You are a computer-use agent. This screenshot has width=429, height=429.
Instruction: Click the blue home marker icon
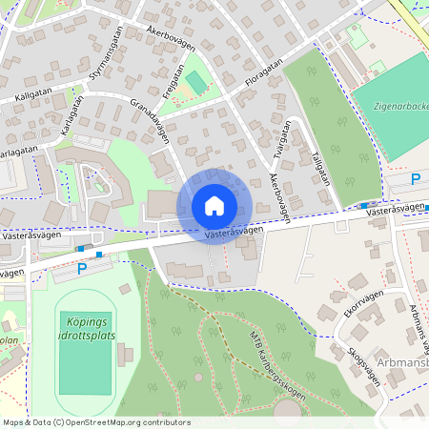pyautogui.click(x=214, y=206)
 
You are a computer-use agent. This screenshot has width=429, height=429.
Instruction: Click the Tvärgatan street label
pyautogui.click(x=282, y=139)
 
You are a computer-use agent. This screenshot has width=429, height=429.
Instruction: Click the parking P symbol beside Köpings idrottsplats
pyautogui.click(x=81, y=269)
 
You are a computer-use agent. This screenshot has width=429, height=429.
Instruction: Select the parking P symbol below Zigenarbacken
pyautogui.click(x=415, y=179)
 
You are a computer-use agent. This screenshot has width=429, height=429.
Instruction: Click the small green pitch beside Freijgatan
pyautogui.click(x=196, y=83)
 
